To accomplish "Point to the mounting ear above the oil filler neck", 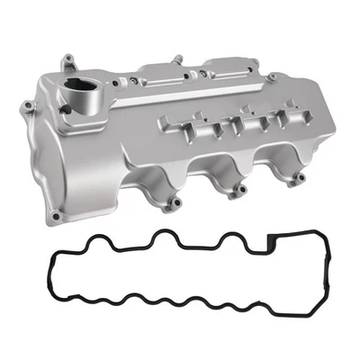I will (67, 63).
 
